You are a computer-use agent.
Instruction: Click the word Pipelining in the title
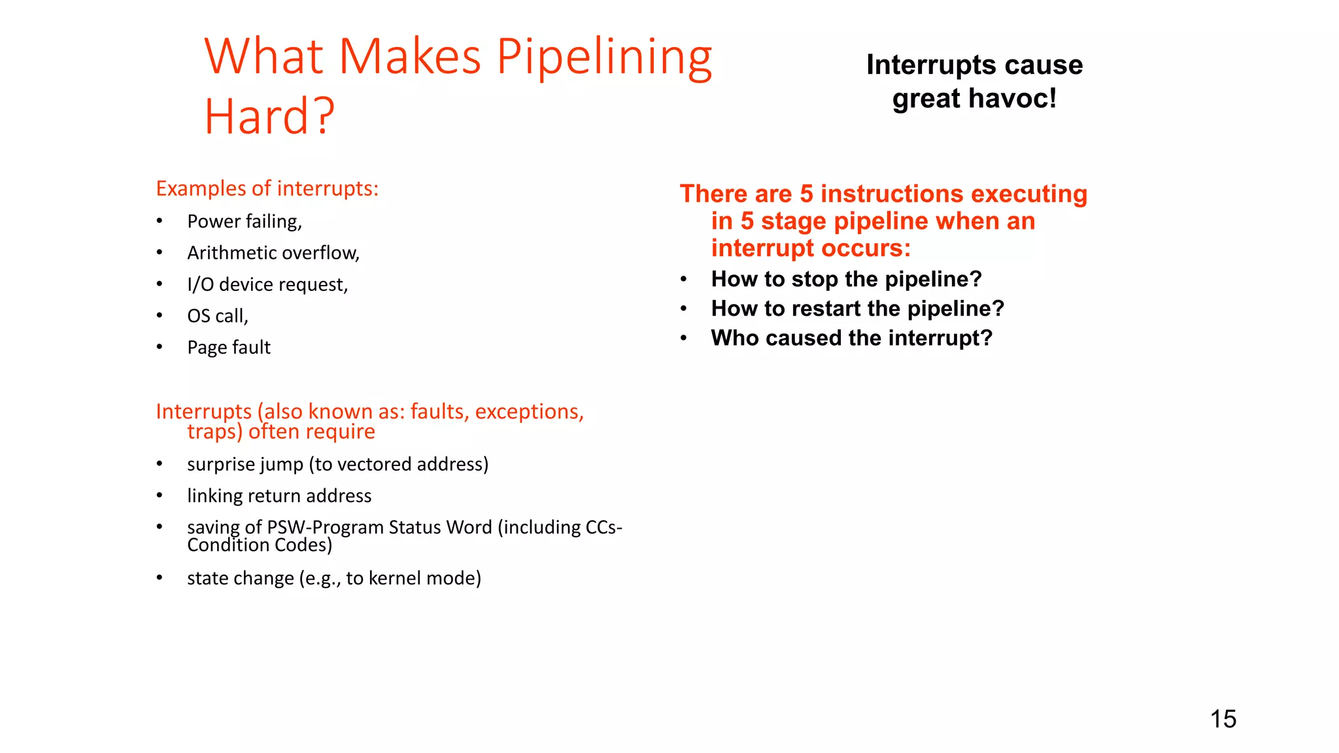[604, 58]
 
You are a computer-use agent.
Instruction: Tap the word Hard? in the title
[269, 116]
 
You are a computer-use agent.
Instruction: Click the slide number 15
[1223, 719]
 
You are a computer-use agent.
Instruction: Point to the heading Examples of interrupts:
[267, 188]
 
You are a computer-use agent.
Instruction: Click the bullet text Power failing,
[245, 222]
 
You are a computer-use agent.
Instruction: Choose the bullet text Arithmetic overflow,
[273, 253]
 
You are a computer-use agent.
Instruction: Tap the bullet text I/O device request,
[267, 284]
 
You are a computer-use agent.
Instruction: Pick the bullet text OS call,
[218, 316]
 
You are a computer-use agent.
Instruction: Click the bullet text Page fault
[229, 347]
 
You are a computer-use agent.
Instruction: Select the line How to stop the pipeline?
[846, 279]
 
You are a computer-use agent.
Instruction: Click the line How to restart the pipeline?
[857, 309]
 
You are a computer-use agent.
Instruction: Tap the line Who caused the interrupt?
[851, 338]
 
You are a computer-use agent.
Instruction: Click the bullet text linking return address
[279, 495]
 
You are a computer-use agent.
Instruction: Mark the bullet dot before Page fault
[160, 347]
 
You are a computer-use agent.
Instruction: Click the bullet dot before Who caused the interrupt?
[683, 338]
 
